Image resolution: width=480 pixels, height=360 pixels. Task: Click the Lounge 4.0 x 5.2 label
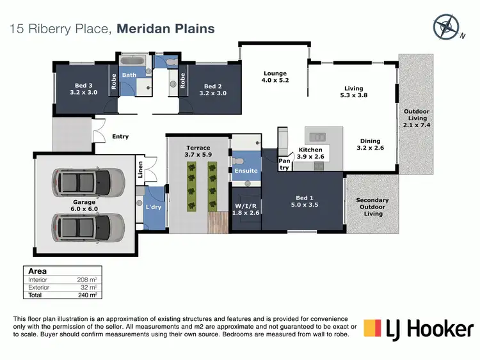[275, 77]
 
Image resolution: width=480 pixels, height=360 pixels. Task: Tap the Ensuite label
[246, 171]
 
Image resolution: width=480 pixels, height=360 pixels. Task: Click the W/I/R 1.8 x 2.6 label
[247, 209]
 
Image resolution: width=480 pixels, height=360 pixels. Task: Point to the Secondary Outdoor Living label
[372, 207]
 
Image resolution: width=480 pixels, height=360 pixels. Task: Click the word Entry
[120, 136]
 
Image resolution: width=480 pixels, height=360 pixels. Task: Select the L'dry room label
[154, 208]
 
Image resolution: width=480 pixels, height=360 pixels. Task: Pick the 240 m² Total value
[88, 295]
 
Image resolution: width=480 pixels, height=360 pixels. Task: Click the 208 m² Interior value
[88, 280]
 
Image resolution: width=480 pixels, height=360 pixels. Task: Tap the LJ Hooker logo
[419, 329]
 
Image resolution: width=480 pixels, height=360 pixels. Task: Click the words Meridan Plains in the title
[166, 28]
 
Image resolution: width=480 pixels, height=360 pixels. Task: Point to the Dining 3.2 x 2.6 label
[370, 145]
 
